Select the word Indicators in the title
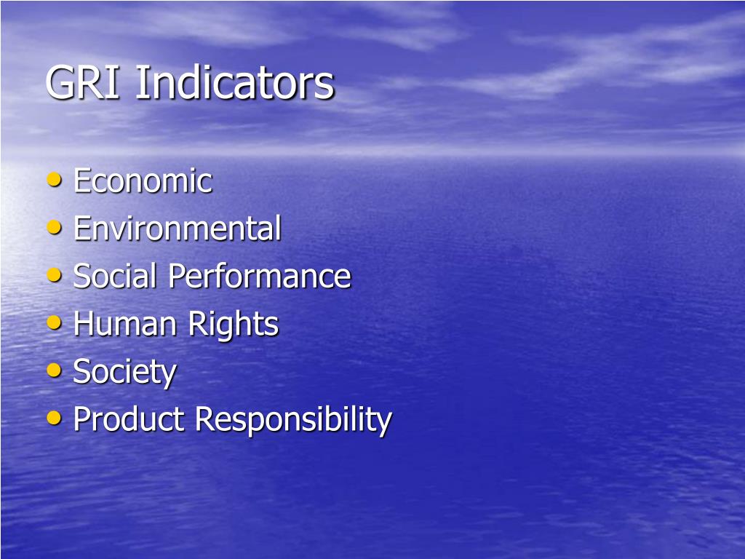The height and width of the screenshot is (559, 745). [x=234, y=83]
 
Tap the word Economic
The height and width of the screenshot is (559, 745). [x=143, y=181]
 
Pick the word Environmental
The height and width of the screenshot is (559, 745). [x=178, y=229]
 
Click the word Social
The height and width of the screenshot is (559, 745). [x=115, y=277]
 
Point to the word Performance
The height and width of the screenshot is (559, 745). [x=260, y=277]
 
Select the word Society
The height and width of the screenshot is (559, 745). [x=124, y=373]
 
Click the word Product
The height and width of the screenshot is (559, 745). [x=129, y=419]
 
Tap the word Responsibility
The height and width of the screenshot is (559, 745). [x=293, y=420]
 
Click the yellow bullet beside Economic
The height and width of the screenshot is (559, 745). [x=55, y=179]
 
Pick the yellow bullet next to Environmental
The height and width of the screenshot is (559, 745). [x=55, y=227]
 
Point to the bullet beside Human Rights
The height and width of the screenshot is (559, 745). [x=55, y=322]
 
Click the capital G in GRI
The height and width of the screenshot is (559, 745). [x=59, y=83]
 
